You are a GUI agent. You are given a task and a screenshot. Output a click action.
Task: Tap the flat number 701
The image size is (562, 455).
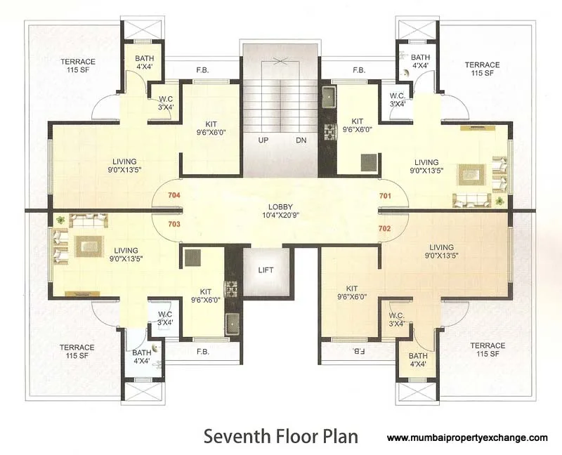tap(385, 196)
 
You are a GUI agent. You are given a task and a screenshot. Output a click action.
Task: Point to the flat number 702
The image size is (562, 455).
tap(385, 228)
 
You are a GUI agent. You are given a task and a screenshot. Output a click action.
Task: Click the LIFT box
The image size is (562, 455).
tap(266, 270)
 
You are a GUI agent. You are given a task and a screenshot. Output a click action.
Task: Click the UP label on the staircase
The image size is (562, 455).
tap(263, 140)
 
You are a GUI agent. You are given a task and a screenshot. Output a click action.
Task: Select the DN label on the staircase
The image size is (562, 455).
tap(301, 140)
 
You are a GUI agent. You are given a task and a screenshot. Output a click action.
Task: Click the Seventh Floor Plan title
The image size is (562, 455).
tap(280, 436)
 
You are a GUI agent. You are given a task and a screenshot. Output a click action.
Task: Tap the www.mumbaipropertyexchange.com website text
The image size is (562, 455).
tap(467, 437)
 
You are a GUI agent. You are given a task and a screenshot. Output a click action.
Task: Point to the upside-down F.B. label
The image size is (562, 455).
tap(358, 350)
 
